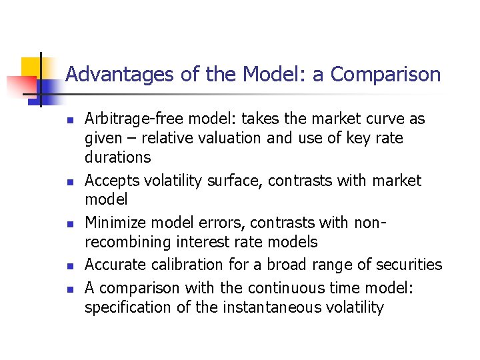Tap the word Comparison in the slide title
(385, 74)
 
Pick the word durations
(118, 157)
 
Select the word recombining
(125, 242)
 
